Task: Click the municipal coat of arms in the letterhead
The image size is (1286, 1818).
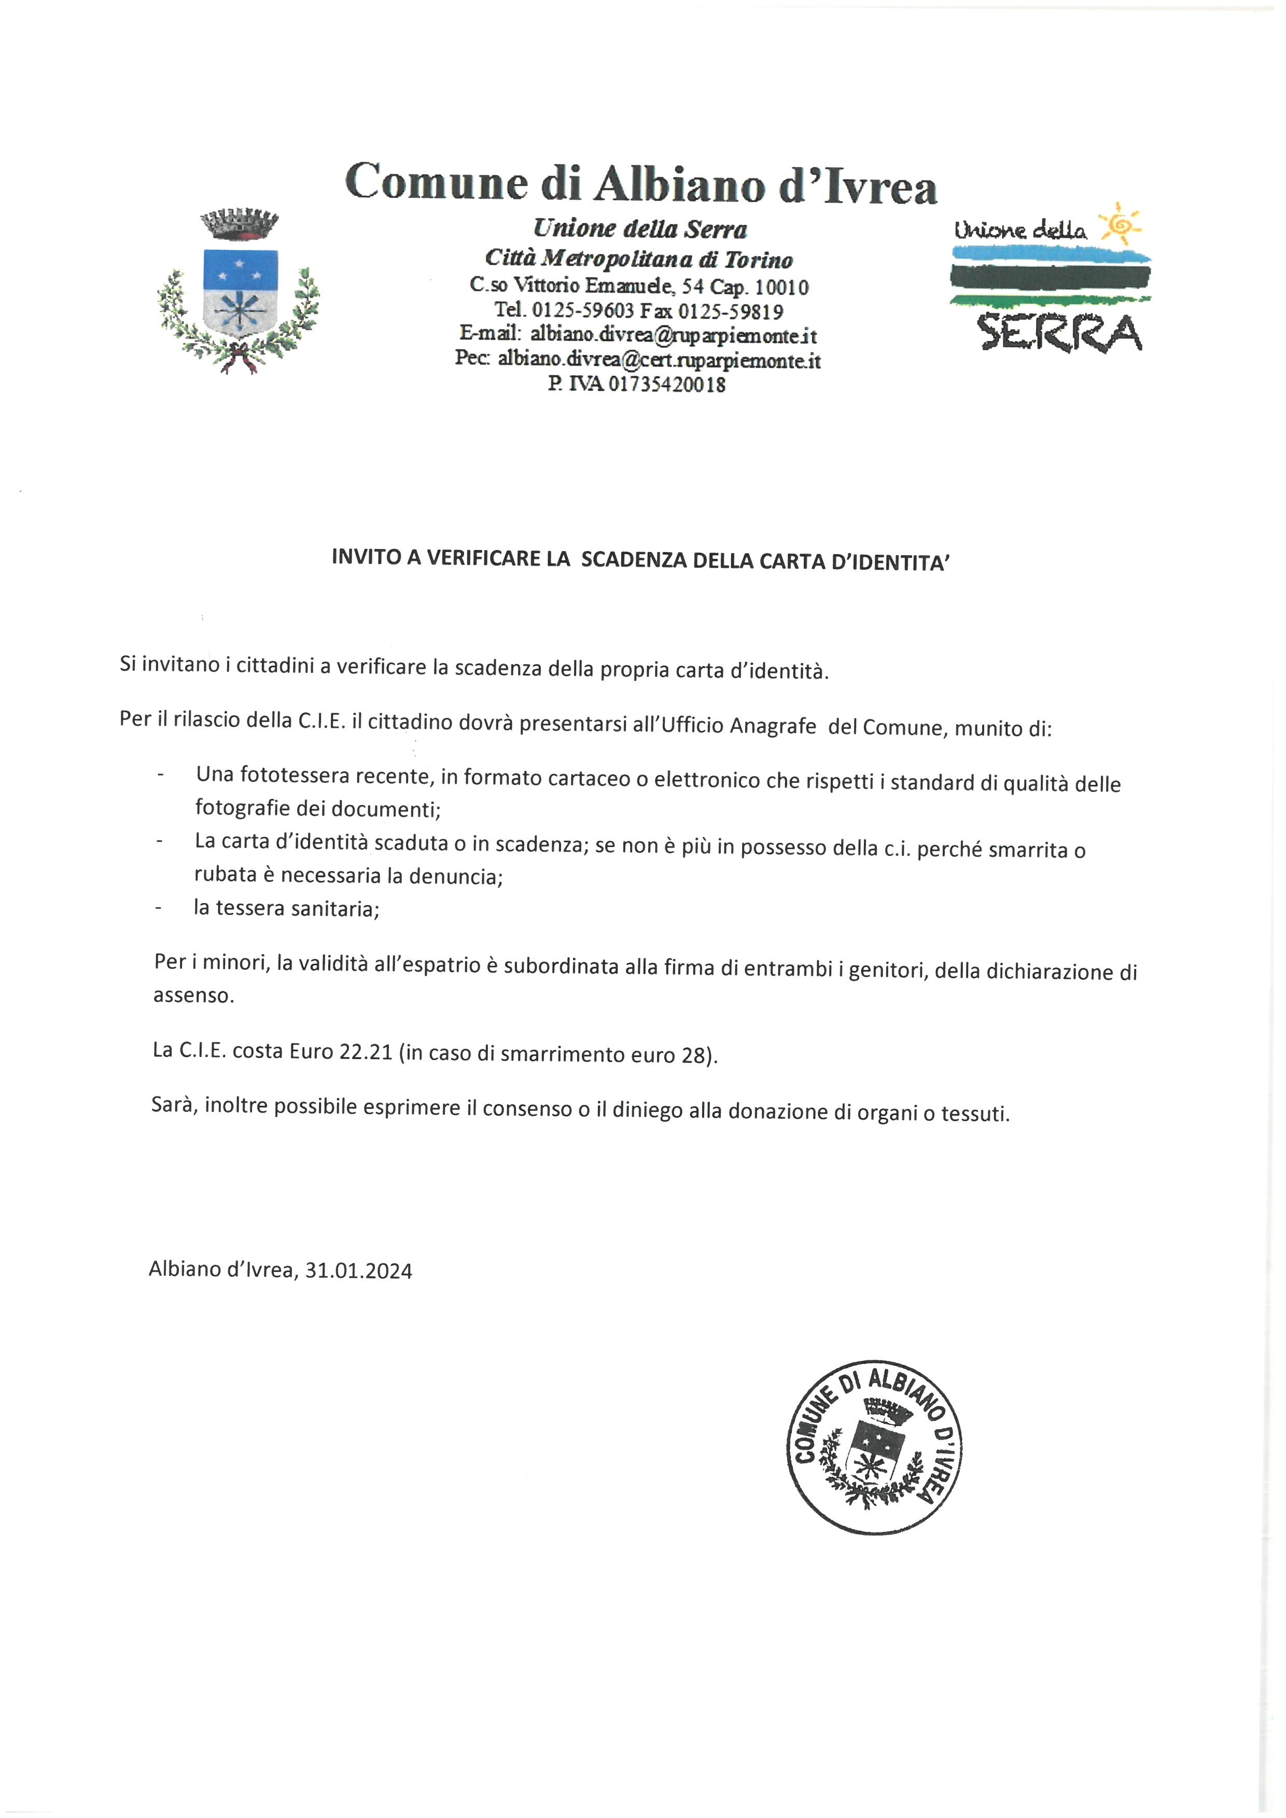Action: pyautogui.click(x=239, y=291)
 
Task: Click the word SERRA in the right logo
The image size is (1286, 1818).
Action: pyautogui.click(x=1060, y=333)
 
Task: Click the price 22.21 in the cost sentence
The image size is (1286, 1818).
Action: pyautogui.click(x=366, y=1052)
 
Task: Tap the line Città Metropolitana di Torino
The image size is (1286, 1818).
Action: pyautogui.click(x=638, y=258)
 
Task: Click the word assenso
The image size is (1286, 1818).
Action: pyautogui.click(x=193, y=995)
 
